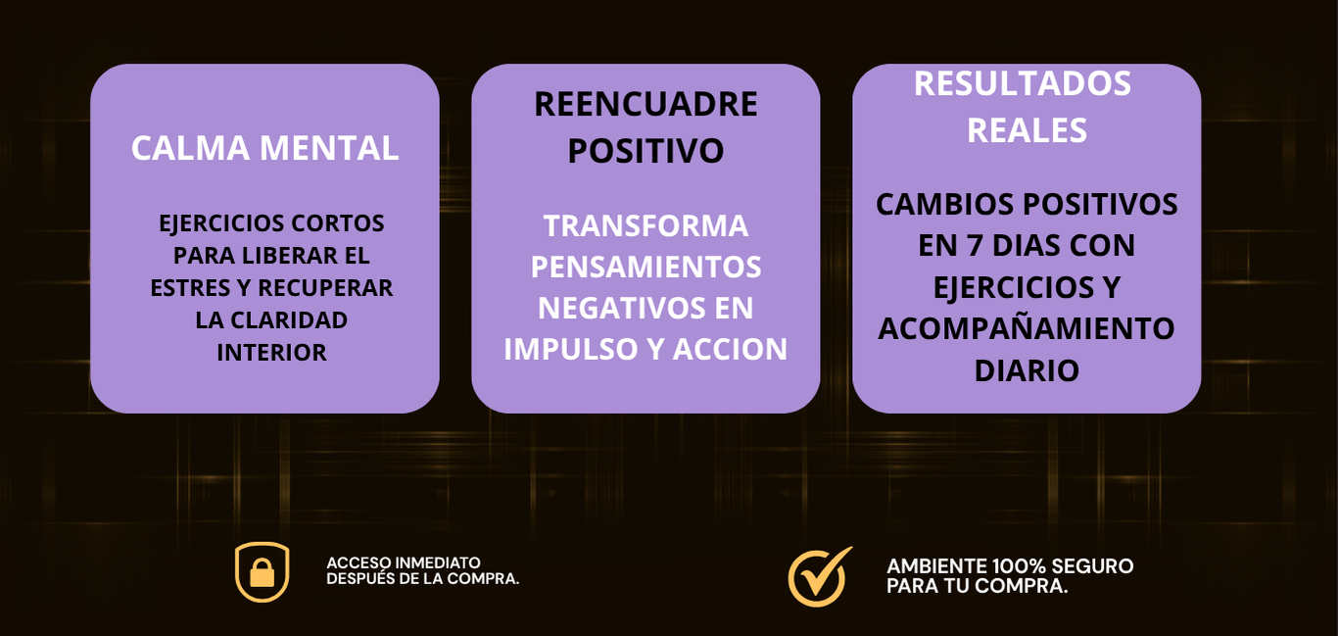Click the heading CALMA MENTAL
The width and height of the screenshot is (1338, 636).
coord(264,148)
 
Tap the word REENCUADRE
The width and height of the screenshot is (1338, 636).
coord(645,105)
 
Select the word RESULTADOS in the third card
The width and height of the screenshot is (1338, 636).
coord(1023,83)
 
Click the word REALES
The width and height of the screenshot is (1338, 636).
coord(1027,130)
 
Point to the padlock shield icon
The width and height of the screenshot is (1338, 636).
coord(263,572)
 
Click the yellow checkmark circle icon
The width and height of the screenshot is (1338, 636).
coord(819,576)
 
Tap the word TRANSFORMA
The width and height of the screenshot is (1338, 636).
coord(645,226)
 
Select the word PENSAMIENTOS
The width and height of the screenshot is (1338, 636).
coord(645,267)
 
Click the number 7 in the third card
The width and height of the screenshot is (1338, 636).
coord(974,246)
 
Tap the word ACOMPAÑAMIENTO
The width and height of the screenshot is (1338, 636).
coord(1027,328)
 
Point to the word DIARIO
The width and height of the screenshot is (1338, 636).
coord(1027,370)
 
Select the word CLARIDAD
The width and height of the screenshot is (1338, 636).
coord(289,320)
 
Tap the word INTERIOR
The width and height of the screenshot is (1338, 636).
coord(271,353)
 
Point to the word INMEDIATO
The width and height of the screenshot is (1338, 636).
coord(438,563)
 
